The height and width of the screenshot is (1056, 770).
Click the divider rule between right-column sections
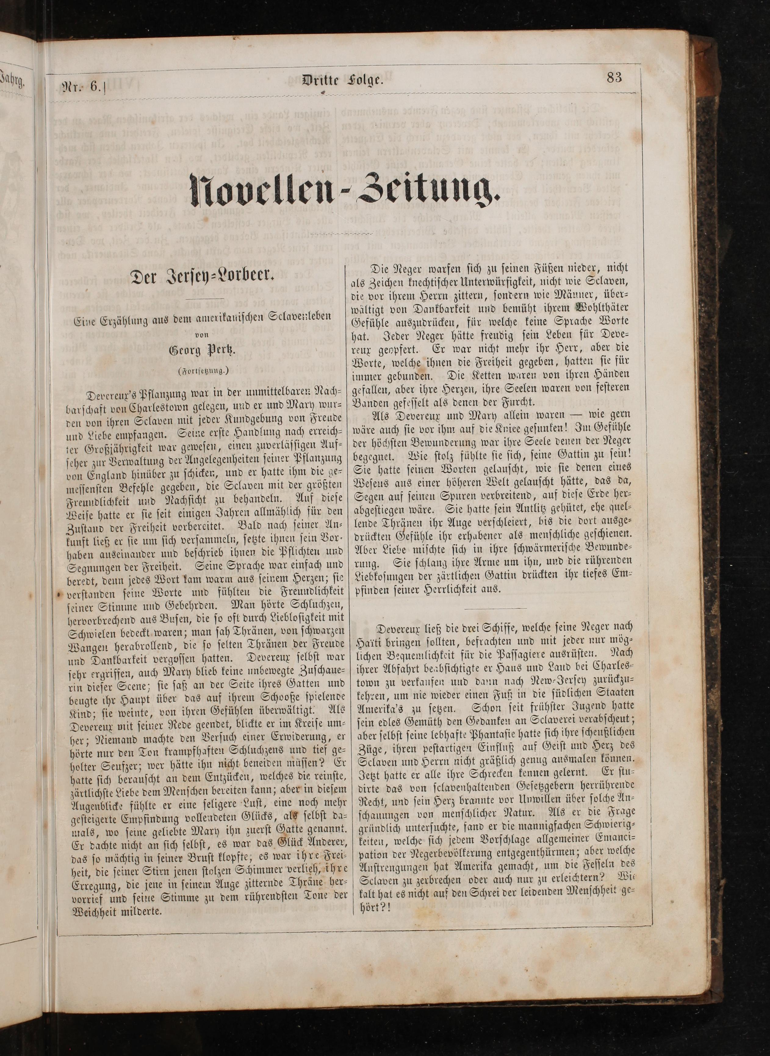pos(495,608)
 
